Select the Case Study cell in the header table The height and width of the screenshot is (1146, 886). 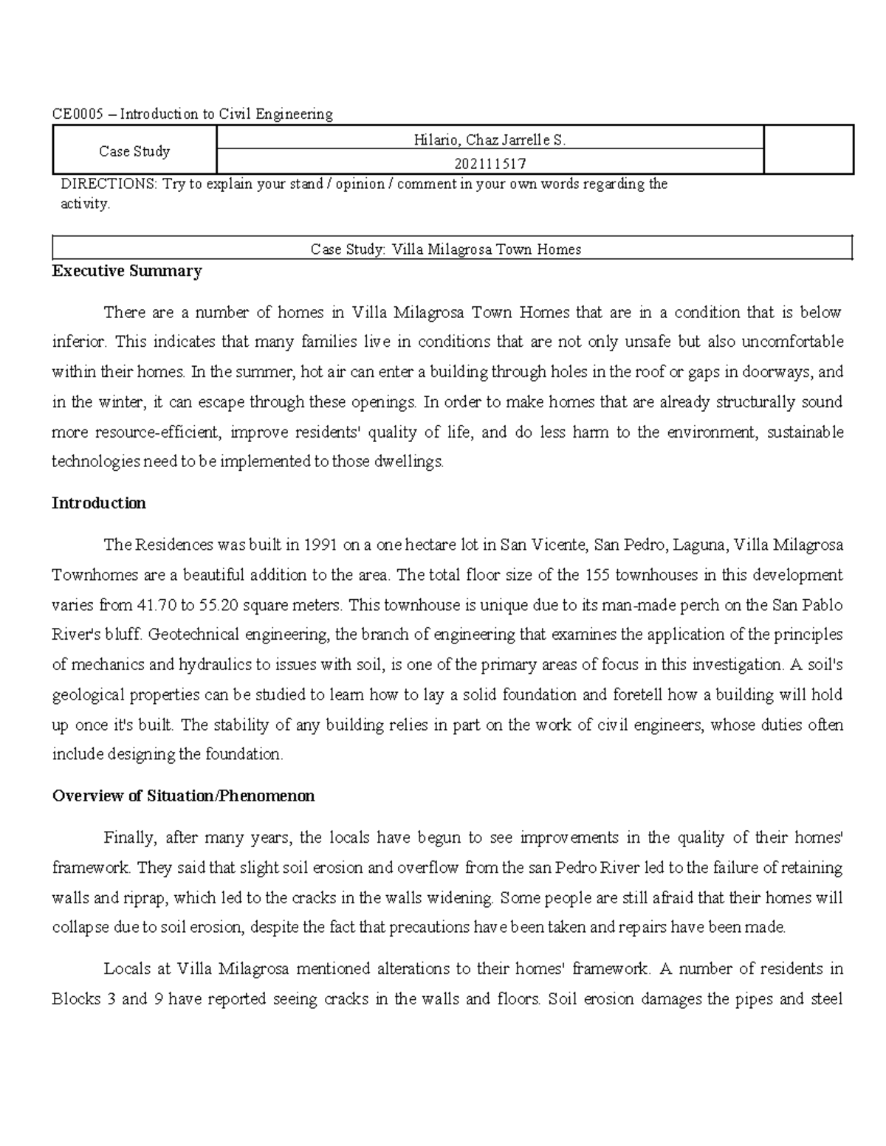pyautogui.click(x=134, y=151)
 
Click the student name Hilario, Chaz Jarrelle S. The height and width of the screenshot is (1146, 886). pyautogui.click(x=490, y=139)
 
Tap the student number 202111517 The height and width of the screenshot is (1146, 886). pyautogui.click(x=490, y=163)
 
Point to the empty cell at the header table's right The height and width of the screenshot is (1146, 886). pyautogui.click(x=808, y=151)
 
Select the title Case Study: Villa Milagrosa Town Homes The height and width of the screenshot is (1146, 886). pyautogui.click(x=446, y=249)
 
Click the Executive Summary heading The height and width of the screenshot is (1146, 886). pyautogui.click(x=127, y=272)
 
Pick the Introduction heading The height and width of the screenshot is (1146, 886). pyautogui.click(x=99, y=503)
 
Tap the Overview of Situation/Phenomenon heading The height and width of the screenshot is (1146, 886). pyautogui.click(x=184, y=796)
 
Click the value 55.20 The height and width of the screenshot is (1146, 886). pyautogui.click(x=219, y=605)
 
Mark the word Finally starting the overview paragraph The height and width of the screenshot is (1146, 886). pyautogui.click(x=129, y=838)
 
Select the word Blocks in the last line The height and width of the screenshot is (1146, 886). pyautogui.click(x=76, y=1000)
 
